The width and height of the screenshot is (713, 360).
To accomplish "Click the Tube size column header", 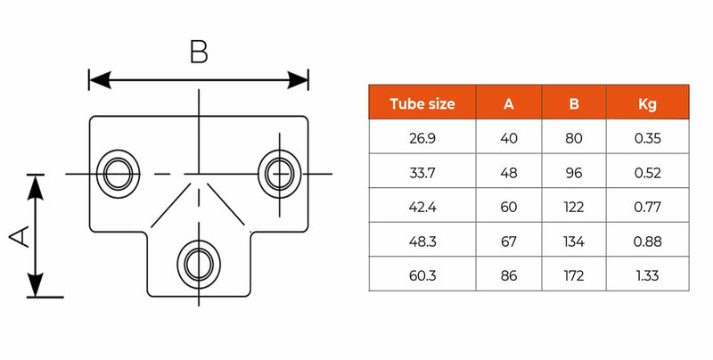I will point(422,103).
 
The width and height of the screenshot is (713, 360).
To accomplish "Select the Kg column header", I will point(647,103).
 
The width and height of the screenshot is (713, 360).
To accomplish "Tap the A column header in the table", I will point(509,103).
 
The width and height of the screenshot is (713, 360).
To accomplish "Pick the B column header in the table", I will point(574,103).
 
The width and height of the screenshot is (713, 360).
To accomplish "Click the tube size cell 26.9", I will point(422,138).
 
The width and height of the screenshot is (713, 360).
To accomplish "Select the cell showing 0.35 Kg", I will point(647,138).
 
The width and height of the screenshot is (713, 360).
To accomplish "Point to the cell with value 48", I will point(509,173).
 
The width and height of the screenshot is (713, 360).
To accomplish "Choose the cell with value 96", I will point(574,173).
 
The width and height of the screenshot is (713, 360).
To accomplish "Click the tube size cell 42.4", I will point(422,208).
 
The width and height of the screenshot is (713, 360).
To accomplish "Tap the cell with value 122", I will point(574,208).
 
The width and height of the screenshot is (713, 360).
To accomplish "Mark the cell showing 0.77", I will point(647,208).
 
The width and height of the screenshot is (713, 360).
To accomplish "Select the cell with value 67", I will point(509,241).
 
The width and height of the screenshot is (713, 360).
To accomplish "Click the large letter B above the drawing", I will point(199,52).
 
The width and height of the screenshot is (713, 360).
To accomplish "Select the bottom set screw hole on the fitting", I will point(199,262).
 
